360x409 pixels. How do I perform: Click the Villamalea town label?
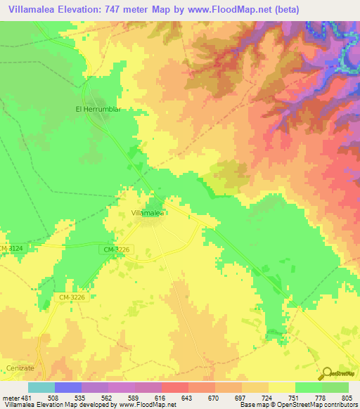[x=148, y=212]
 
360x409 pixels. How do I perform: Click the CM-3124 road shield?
[x=12, y=249]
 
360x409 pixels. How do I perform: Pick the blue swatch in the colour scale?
[x=68, y=387]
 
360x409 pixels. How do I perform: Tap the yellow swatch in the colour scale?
[x=281, y=387]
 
